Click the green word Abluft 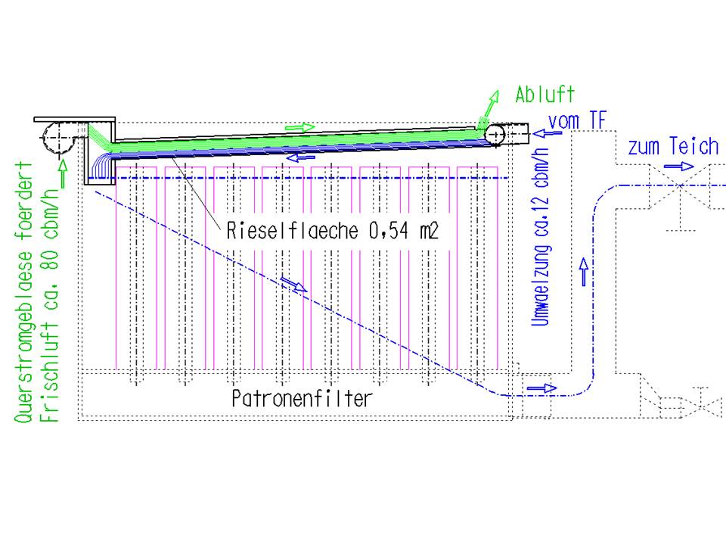tap(544, 95)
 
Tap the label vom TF tap(577, 120)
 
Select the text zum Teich tap(672, 147)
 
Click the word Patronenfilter tap(302, 398)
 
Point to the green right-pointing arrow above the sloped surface tap(300, 127)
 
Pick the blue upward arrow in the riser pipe tap(583, 270)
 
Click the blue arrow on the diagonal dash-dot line tap(293, 285)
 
